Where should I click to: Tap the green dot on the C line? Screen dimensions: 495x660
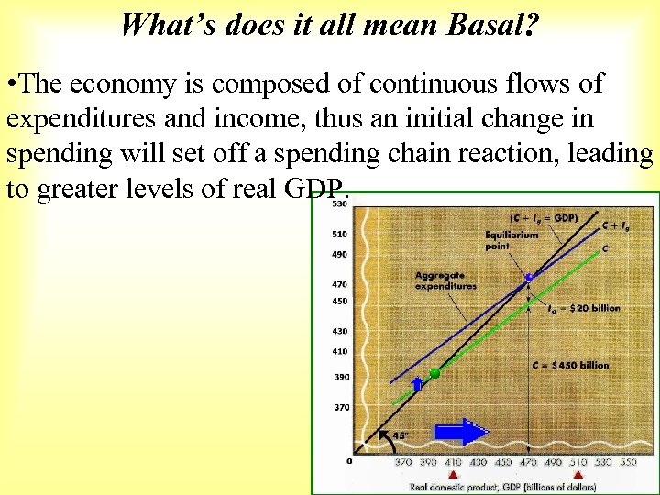point(434,373)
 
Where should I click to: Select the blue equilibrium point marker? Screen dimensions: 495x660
point(528,277)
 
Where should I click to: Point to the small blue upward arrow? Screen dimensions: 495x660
point(416,383)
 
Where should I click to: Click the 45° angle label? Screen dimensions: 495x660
point(401,436)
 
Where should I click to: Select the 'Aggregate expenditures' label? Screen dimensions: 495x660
point(445,280)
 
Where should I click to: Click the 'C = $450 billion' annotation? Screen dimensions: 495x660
point(570,365)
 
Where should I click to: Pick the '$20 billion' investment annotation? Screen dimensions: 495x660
point(587,308)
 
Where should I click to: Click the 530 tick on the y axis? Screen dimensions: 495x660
point(340,203)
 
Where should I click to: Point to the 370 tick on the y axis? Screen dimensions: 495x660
point(340,407)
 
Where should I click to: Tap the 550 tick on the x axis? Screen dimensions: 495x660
point(628,463)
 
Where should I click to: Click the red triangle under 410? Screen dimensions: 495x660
point(452,475)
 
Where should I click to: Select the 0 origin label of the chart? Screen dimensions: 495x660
point(349,460)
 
